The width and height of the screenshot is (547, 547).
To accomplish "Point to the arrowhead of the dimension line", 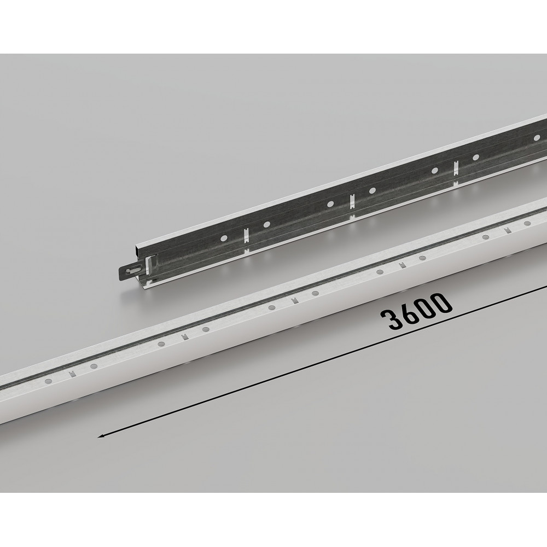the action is tap(101, 435).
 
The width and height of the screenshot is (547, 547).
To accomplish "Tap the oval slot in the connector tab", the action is tap(134, 270).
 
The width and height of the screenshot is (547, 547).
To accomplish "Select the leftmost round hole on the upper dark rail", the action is tap(224, 238).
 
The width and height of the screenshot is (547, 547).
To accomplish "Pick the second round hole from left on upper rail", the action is tap(266, 224).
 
